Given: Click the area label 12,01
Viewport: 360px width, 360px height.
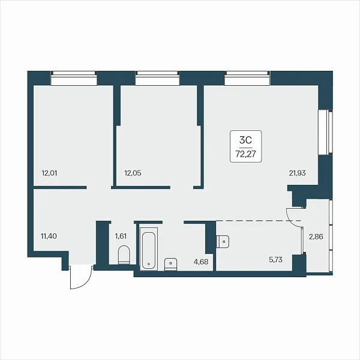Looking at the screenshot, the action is [49, 173].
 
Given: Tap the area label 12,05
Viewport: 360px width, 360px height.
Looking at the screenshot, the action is [133, 173].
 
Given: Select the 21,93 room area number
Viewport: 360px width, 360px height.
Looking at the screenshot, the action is [298, 173].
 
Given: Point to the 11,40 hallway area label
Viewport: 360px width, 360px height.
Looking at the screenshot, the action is [49, 236].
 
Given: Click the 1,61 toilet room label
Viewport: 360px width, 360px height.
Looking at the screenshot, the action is [121, 236].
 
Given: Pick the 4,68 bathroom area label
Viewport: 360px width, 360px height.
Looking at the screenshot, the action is [201, 262].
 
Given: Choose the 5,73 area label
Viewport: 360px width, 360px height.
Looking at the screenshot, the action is [275, 260].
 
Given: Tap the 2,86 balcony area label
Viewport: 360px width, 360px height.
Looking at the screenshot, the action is [316, 237].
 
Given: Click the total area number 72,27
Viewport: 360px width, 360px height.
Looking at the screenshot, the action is [245, 154].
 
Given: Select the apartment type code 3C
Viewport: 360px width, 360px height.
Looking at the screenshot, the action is [245, 140].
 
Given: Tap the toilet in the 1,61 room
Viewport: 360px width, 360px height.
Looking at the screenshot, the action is [124, 255].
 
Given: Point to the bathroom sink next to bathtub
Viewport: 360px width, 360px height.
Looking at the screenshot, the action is [170, 265].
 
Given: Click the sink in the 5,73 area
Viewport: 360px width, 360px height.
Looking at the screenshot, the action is [223, 241].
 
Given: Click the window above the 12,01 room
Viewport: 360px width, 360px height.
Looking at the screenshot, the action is [74, 78].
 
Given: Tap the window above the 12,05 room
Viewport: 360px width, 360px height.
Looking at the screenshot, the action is [157, 78].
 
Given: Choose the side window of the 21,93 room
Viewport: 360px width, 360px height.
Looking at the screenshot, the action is [325, 133].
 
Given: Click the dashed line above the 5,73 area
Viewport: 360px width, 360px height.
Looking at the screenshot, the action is [259, 221].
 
